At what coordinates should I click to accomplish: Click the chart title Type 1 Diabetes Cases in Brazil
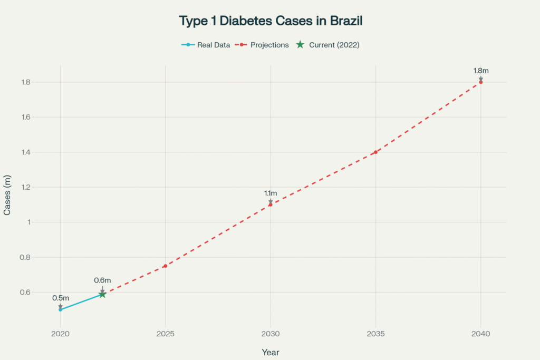271,21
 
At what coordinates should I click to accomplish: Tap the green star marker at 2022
102,294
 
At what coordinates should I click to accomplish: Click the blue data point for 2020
61,309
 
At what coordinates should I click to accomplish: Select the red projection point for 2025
165,266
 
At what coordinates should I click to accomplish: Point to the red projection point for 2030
271,205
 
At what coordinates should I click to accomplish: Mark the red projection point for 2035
375,152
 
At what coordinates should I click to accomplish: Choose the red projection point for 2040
480,82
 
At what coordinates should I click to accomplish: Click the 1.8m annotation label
480,71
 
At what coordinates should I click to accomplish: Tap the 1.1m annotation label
271,193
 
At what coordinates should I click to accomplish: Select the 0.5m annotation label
61,298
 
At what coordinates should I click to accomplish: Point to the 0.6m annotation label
102,280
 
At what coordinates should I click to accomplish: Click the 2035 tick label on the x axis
375,334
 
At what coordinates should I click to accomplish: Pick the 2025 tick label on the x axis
165,334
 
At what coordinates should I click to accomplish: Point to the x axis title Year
271,352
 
